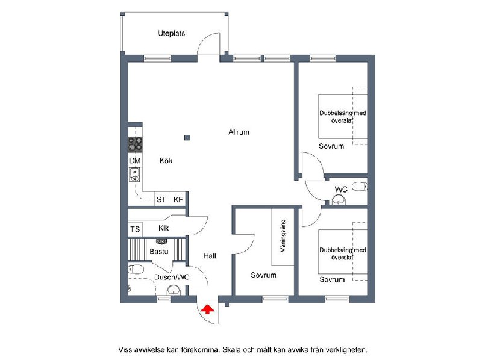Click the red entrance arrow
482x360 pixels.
[x=207, y=309]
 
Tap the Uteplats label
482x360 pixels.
[x=172, y=33]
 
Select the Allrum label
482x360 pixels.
[x=239, y=132]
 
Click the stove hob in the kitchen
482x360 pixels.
[x=135, y=144]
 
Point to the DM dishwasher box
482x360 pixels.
[x=134, y=161]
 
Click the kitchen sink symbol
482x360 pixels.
[x=134, y=175]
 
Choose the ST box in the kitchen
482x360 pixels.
[x=161, y=199]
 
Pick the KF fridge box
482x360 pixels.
[x=178, y=199]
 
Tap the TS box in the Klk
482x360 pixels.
[x=135, y=229]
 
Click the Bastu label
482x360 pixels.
[x=159, y=252]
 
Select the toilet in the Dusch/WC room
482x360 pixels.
[x=136, y=269]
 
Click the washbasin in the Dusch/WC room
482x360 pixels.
[x=174, y=290]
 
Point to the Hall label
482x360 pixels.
[x=210, y=256]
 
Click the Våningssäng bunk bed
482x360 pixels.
[x=283, y=237]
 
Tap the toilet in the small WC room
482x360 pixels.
[x=360, y=187]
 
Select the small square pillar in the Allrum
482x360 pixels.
[x=187, y=138]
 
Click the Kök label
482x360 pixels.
[x=166, y=160]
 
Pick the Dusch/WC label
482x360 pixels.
[x=172, y=278]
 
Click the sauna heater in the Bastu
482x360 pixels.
[x=162, y=241]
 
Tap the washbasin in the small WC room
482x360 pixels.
[x=339, y=200]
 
